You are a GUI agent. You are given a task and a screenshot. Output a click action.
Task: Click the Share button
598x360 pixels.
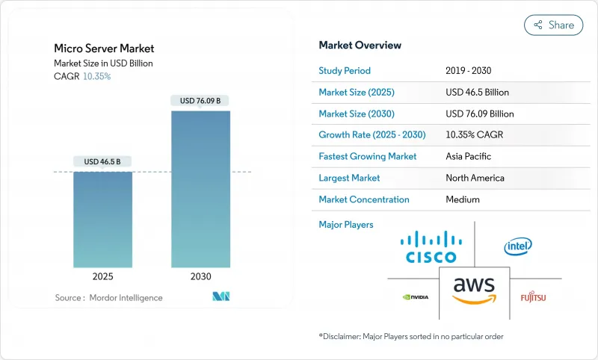click(553, 25)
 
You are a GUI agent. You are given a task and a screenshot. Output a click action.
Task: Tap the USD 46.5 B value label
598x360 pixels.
click(103, 161)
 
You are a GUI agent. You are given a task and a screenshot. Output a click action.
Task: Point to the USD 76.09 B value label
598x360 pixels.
click(200, 100)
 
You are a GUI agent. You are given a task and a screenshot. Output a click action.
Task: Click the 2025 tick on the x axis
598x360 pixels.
click(103, 276)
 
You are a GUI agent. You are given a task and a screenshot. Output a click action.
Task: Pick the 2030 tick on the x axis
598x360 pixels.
click(200, 276)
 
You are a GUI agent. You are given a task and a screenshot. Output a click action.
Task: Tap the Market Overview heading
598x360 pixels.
click(360, 45)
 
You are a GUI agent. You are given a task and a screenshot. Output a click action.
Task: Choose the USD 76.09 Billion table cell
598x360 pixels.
click(479, 114)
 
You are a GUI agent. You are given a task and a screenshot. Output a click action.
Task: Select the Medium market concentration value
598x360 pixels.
click(462, 199)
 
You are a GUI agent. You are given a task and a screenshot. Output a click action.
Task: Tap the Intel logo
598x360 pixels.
click(518, 246)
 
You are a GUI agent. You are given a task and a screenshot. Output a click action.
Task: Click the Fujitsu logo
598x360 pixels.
click(533, 297)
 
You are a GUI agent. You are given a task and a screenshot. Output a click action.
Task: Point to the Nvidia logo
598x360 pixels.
click(415, 297)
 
